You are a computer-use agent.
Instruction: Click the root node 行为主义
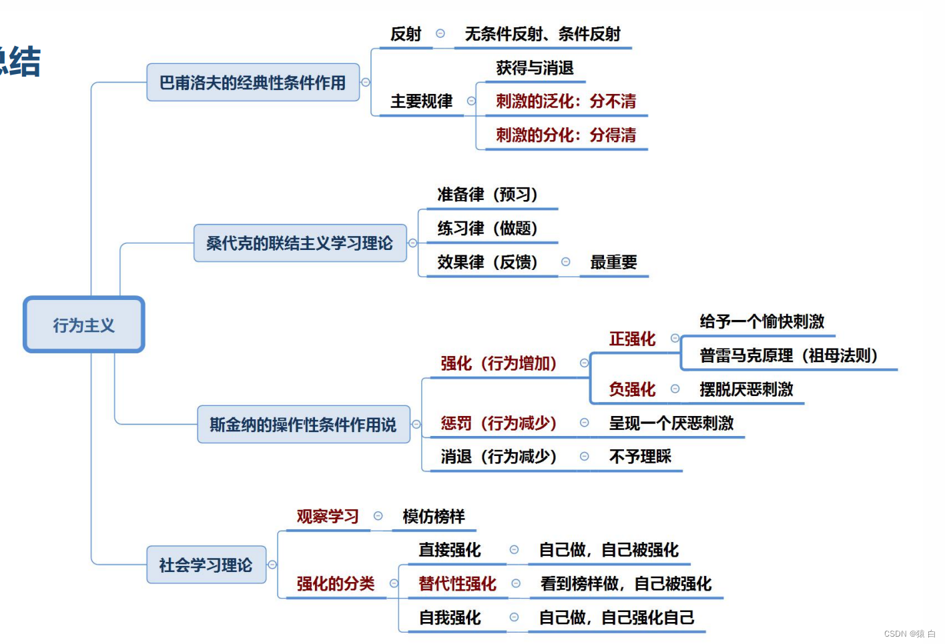point(84,325)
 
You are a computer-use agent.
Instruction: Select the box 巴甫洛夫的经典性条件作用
point(252,83)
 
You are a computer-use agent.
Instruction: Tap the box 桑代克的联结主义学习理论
point(300,243)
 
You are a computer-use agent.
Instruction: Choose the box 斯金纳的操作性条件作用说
point(303,425)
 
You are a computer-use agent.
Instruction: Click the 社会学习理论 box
point(206,565)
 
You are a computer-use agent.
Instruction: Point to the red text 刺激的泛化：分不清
point(566,101)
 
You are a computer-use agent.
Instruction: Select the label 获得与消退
point(535,68)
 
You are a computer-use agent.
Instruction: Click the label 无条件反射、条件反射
point(543,34)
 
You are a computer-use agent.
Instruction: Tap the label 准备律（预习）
point(487,195)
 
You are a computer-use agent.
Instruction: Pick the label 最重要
point(613,263)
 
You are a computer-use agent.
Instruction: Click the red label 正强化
point(632,339)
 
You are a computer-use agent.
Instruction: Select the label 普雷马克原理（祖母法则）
point(788,355)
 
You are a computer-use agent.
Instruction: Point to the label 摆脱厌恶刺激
point(746,389)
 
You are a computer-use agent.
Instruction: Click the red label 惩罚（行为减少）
point(499,423)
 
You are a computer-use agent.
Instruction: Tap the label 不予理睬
point(640,457)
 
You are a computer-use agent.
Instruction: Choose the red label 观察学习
point(328,517)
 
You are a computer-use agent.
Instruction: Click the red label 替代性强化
point(457,584)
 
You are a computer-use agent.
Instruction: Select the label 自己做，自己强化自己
point(617,618)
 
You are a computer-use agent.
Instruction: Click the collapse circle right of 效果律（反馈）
point(566,262)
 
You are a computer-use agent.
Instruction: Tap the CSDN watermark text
point(910,634)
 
